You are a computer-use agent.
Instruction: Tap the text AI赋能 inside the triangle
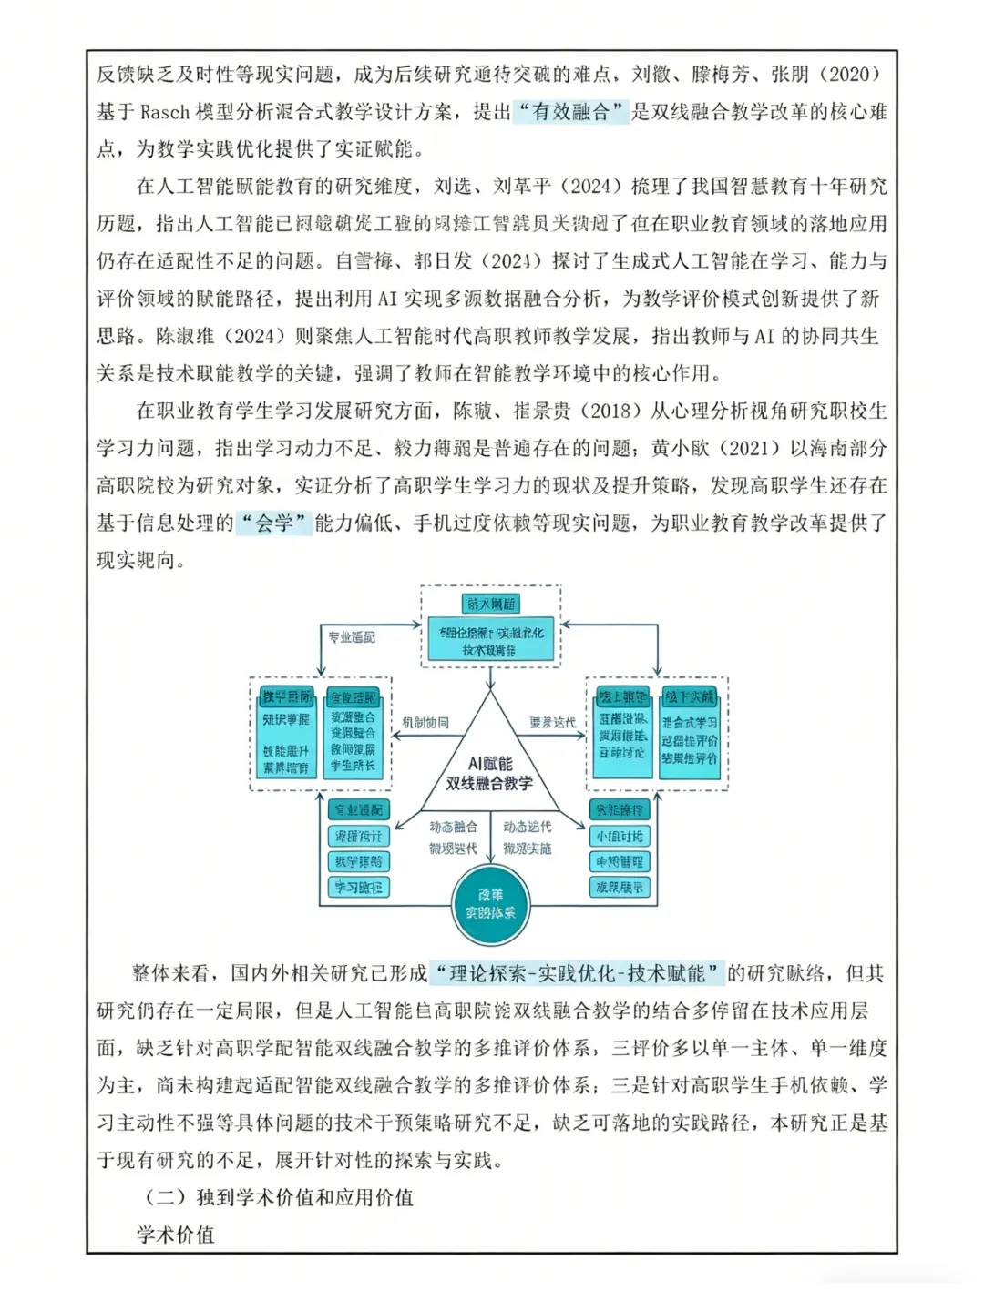click(490, 763)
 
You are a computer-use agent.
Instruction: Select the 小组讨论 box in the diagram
click(620, 836)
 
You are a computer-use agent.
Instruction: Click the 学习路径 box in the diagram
click(359, 887)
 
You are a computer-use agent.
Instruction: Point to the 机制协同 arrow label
click(425, 723)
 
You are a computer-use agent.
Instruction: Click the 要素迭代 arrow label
click(553, 723)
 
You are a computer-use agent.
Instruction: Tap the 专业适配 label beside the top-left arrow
click(352, 637)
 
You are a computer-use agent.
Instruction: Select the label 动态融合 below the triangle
click(453, 827)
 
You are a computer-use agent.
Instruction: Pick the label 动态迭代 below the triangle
click(528, 827)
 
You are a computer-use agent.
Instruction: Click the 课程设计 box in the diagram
click(359, 836)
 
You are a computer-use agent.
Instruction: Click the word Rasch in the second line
click(165, 112)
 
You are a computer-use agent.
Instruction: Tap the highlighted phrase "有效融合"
click(571, 112)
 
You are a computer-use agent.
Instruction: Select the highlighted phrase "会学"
click(274, 523)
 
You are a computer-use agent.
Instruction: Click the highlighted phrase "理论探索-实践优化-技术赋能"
click(578, 973)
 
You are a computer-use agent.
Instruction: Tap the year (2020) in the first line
click(851, 75)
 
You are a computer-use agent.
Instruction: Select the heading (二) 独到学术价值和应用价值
click(279, 1197)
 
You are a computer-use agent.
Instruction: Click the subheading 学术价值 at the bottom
click(176, 1235)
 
